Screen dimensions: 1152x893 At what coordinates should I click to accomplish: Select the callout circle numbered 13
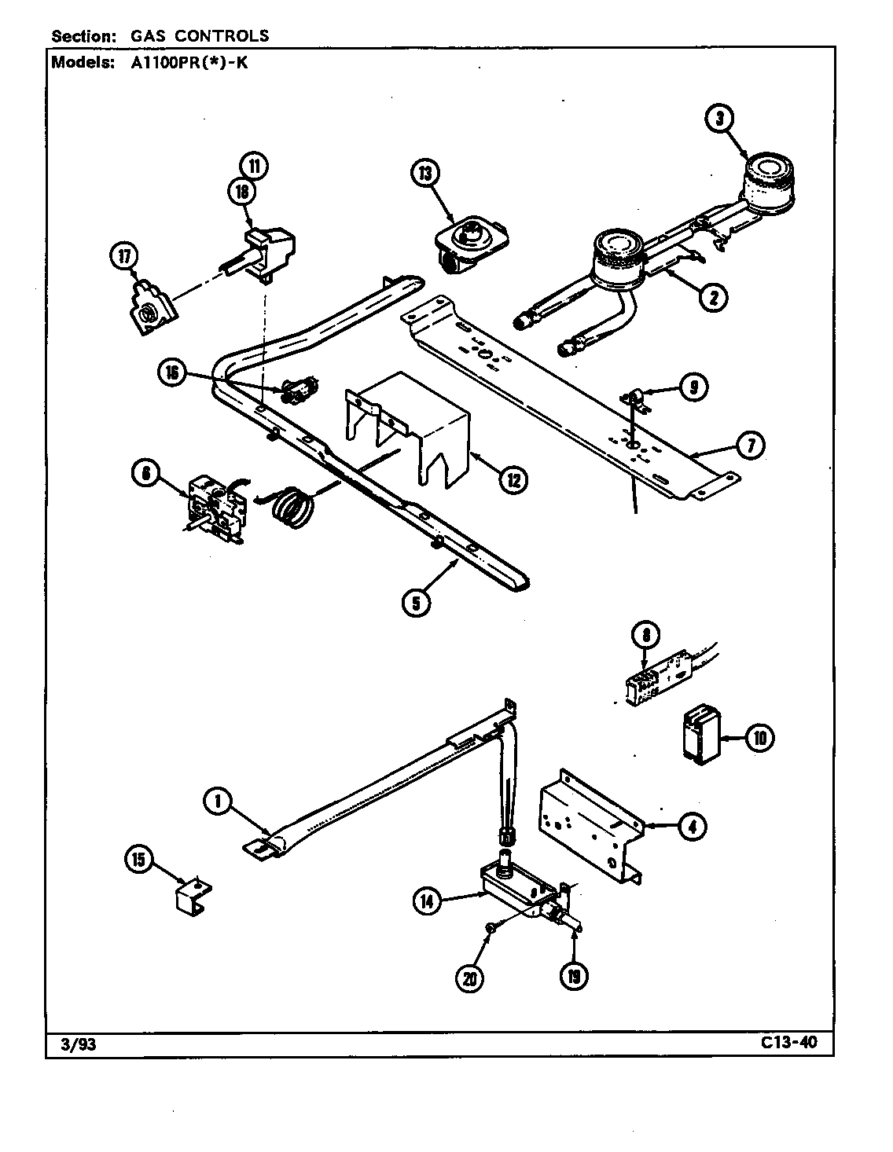point(425,174)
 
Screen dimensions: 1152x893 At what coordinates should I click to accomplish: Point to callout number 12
point(512,479)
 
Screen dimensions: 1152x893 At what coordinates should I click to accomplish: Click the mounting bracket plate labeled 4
point(590,821)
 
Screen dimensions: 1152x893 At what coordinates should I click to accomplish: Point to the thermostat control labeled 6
point(213,508)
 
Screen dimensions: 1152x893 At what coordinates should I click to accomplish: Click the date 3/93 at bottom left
point(77,1045)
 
